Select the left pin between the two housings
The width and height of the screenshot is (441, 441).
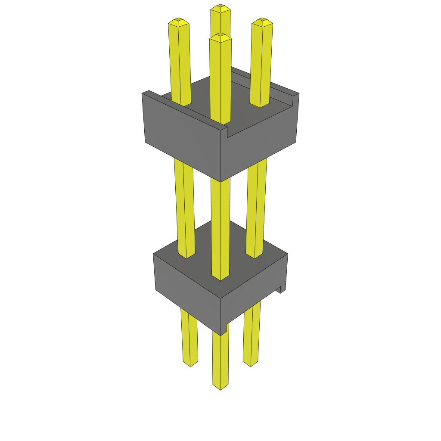click(x=184, y=207)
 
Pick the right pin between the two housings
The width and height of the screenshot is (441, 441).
click(x=256, y=207)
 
